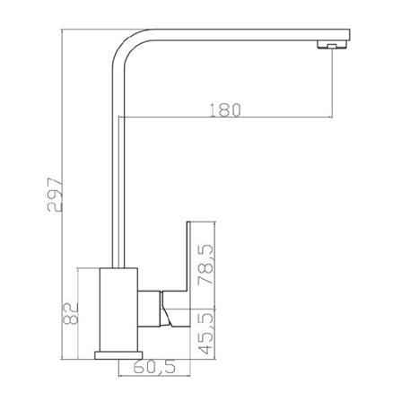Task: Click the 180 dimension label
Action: coord(225,110)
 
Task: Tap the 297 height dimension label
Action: coord(55,195)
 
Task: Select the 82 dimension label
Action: coord(71,313)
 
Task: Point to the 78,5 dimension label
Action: coord(206,266)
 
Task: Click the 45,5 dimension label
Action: coord(207,333)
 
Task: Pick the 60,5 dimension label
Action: coord(154,368)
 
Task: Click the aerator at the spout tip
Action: coord(332,45)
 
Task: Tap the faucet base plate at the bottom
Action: coord(118,355)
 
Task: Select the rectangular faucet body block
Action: coord(118,309)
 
